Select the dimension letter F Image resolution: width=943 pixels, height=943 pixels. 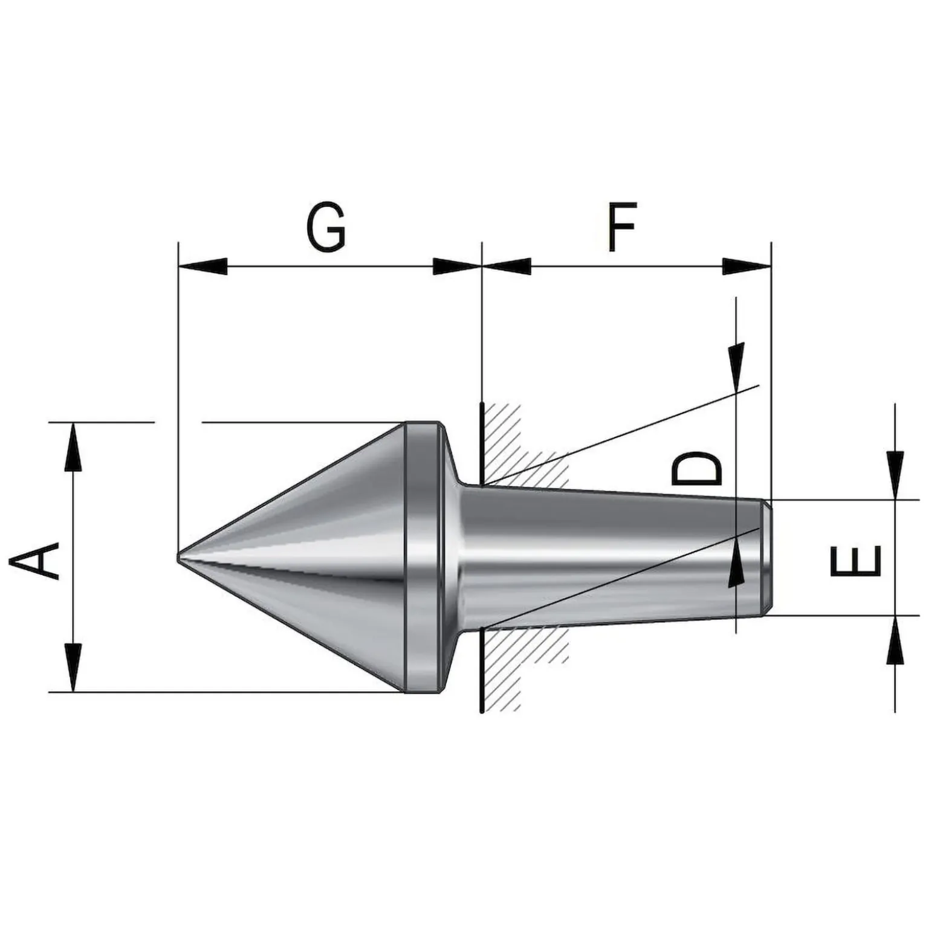point(622,227)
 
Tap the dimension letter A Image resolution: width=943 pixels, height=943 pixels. point(34,561)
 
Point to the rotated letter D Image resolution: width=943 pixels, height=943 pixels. point(696,468)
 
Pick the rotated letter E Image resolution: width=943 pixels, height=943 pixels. point(856,561)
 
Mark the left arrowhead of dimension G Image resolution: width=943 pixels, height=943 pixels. point(203,266)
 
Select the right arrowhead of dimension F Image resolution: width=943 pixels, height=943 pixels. point(747,266)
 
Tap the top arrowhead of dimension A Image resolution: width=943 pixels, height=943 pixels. point(73,446)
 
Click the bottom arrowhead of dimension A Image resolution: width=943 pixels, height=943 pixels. point(73,668)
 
